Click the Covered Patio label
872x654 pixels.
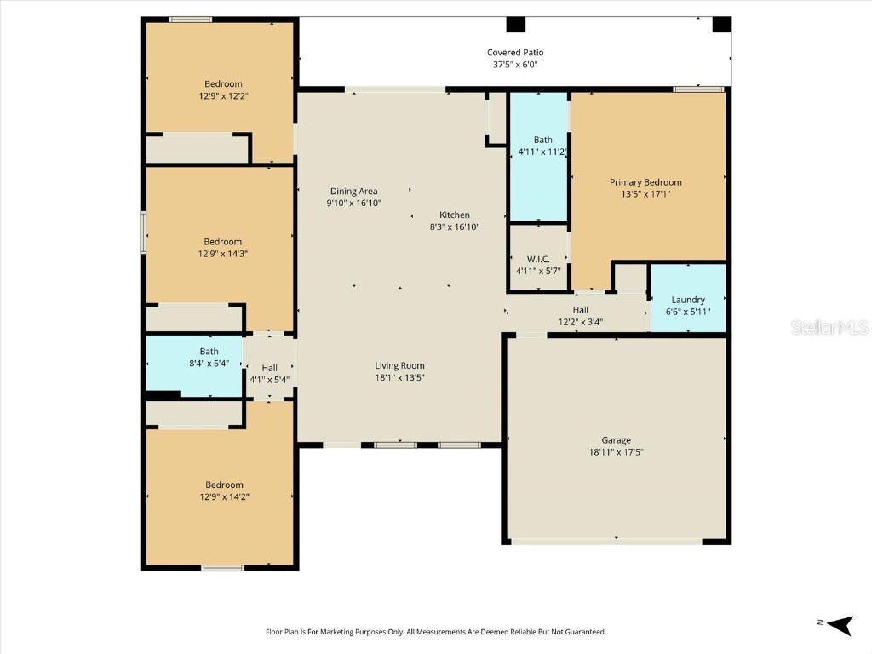pos(515,53)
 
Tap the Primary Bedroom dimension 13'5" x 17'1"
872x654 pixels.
pos(645,194)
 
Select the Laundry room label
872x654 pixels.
pos(688,300)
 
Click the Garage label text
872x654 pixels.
pos(616,440)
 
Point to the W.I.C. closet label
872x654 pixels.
pos(537,259)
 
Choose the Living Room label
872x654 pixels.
pos(399,365)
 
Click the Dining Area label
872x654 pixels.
pos(354,192)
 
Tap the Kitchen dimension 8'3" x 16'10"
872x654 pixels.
pos(455,227)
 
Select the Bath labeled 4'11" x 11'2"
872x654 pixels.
pos(542,140)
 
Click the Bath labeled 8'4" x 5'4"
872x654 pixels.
pos(209,351)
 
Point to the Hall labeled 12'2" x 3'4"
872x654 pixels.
pos(580,310)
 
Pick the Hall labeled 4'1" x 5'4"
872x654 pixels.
pos(269,368)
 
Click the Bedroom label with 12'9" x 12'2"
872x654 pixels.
pos(223,84)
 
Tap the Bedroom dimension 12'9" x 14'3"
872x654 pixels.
pos(223,254)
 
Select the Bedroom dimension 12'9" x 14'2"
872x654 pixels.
pos(223,496)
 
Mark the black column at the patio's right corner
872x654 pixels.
pos(721,25)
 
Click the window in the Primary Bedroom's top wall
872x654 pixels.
pos(698,89)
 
